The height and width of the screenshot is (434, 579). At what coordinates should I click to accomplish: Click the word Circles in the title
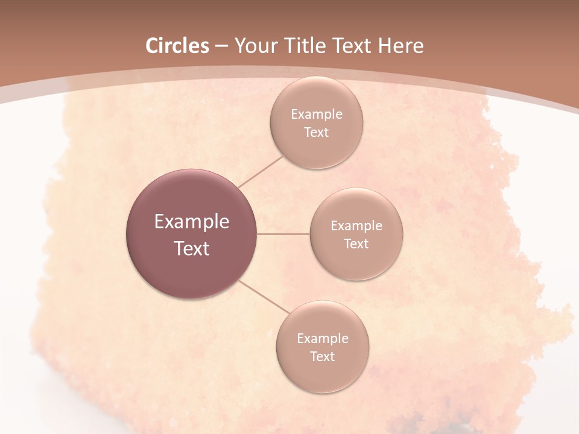(x=177, y=46)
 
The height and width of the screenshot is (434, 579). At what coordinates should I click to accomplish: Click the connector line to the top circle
(x=261, y=171)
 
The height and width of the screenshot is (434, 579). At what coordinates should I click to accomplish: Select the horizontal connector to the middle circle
(x=283, y=234)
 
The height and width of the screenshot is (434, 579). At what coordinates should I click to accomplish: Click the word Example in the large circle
(x=192, y=222)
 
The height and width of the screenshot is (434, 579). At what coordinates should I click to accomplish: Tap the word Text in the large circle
(x=192, y=248)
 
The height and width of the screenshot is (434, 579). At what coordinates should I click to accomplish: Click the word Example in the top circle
(x=317, y=115)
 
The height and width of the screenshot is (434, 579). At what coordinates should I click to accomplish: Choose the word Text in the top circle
(x=317, y=133)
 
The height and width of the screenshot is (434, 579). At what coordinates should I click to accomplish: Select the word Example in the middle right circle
(x=356, y=226)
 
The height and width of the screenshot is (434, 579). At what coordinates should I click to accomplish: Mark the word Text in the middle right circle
(x=356, y=244)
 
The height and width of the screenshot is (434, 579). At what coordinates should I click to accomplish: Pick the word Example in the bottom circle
(x=323, y=339)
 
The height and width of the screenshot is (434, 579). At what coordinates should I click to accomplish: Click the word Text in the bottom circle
(x=323, y=357)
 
